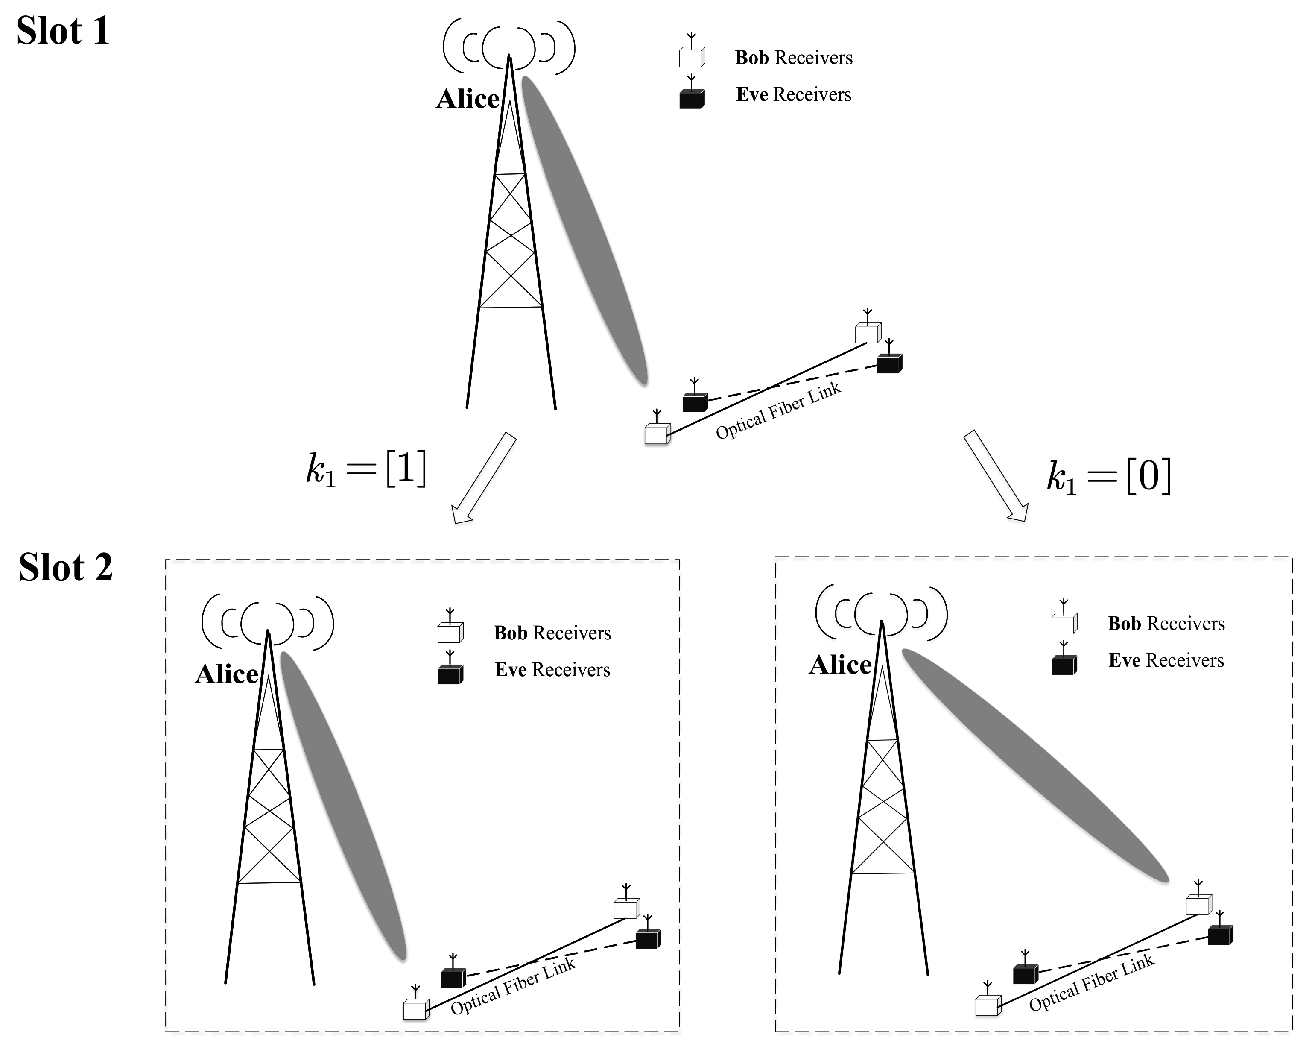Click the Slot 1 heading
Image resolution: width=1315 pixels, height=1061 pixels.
pos(62,31)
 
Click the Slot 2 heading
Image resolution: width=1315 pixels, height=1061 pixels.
pos(65,568)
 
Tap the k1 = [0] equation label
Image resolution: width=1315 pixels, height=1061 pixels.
pos(1108,477)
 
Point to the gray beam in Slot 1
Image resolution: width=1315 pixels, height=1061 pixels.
pos(584,229)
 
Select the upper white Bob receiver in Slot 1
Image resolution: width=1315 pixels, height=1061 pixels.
pos(867,332)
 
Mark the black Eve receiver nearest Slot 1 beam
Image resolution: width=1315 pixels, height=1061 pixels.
pos(695,402)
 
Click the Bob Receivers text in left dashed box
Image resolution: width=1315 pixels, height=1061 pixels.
pos(552,633)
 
